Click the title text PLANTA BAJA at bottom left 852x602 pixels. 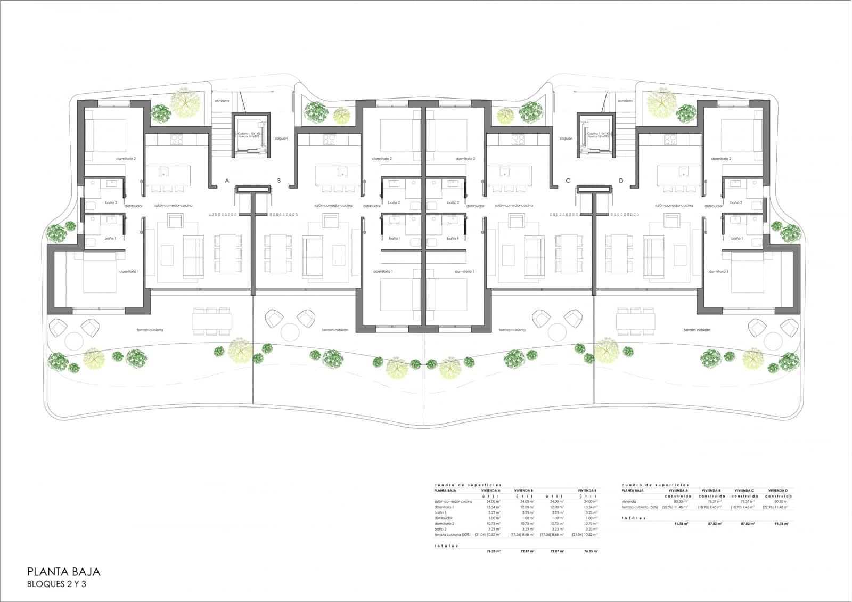(x=63, y=572)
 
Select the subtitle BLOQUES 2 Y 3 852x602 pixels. (x=56, y=584)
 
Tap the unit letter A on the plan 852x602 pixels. (x=227, y=181)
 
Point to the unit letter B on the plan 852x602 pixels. (x=278, y=181)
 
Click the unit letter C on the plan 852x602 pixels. (x=568, y=181)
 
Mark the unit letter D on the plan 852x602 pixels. (x=621, y=181)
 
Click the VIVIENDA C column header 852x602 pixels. (x=744, y=490)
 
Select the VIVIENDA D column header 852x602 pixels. (x=777, y=490)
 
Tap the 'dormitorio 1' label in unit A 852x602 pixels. (x=129, y=271)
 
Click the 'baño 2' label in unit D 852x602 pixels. (x=736, y=202)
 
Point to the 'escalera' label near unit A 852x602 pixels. (x=222, y=101)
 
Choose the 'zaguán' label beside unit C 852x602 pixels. (x=566, y=139)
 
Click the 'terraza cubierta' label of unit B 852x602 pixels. (x=335, y=330)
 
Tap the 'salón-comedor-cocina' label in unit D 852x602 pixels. (x=674, y=205)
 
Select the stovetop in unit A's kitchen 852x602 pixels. (x=177, y=140)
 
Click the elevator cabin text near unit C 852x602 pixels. (x=599, y=135)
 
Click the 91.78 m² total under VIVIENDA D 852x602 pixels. (x=781, y=524)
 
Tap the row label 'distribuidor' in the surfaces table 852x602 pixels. (x=444, y=518)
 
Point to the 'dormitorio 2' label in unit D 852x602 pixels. (x=722, y=159)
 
